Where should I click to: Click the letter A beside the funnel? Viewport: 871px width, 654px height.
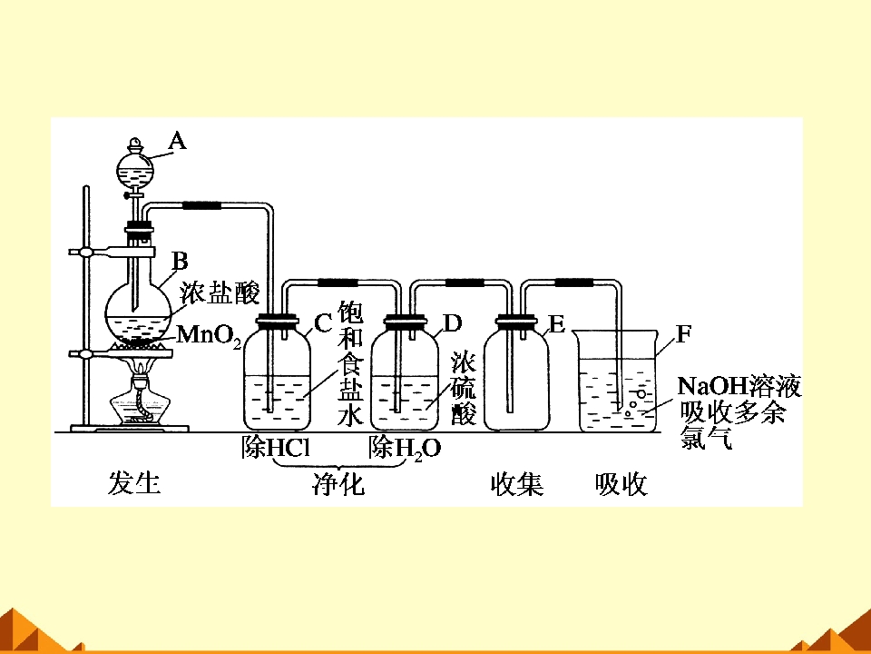[177, 141]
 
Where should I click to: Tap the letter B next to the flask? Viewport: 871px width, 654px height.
[180, 261]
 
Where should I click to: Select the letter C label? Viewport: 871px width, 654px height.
[323, 323]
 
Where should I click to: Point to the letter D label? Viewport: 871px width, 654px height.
[452, 322]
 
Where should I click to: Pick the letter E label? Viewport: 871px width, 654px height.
[556, 324]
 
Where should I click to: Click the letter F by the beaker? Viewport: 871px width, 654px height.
[684, 333]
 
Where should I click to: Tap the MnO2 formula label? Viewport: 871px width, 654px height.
[209, 335]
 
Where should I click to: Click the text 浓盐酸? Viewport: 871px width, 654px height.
[220, 292]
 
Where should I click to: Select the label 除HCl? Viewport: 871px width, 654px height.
[276, 448]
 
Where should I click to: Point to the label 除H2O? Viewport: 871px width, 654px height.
[405, 448]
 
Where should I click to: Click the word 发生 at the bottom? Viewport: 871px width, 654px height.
[134, 482]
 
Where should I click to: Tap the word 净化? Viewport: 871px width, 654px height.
[338, 483]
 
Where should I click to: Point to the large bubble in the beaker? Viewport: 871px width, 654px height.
[641, 393]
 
